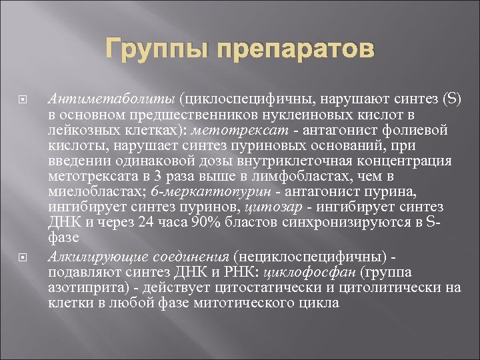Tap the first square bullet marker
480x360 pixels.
(x=21, y=101)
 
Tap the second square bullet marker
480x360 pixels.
(x=21, y=257)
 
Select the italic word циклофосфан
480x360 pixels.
(x=301, y=272)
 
